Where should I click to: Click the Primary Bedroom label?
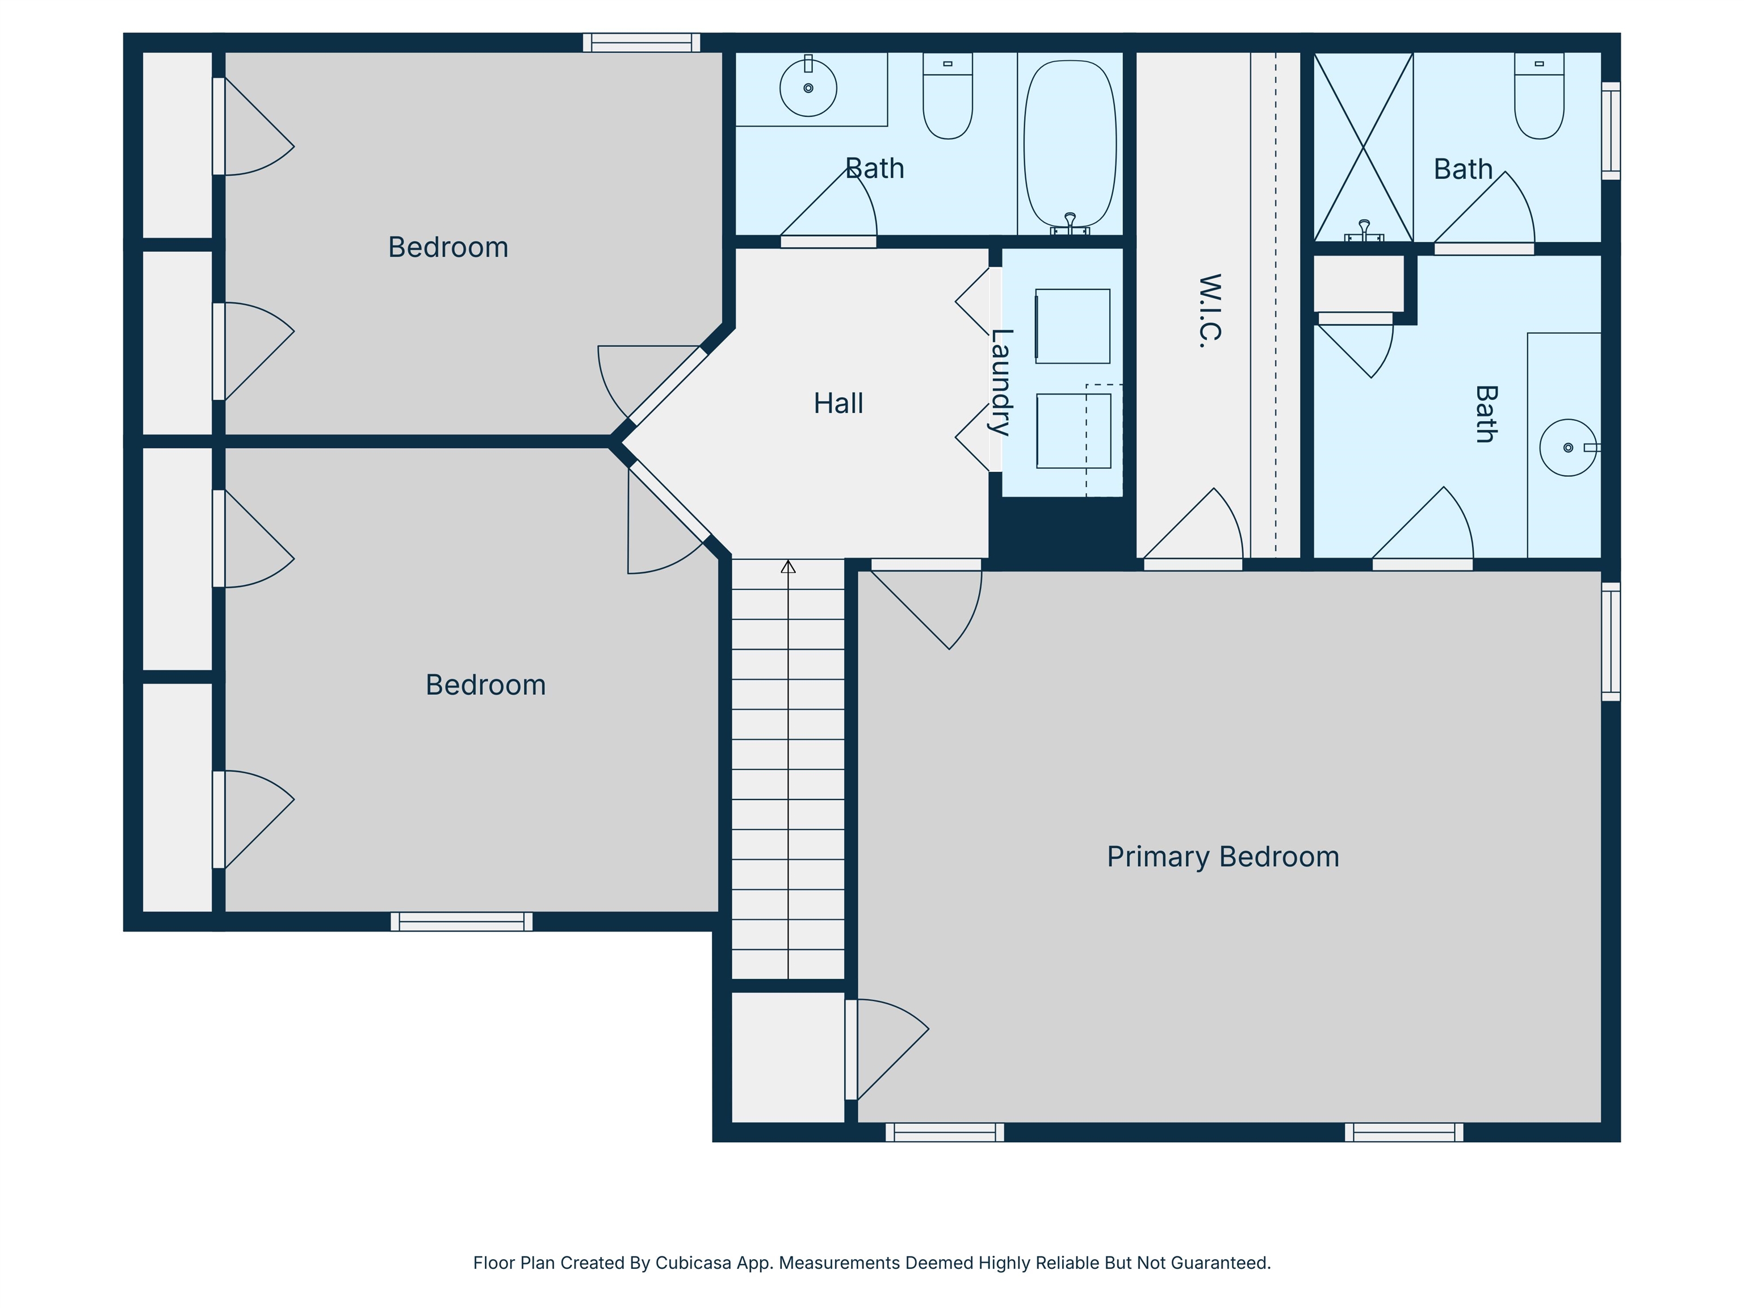(x=1223, y=857)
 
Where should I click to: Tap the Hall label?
(x=838, y=404)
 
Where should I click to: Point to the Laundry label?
(x=1000, y=383)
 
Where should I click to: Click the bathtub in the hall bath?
(x=1070, y=146)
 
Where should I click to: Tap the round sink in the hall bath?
(x=808, y=89)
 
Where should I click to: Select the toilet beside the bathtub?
(x=948, y=95)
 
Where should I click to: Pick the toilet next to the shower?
(x=1539, y=95)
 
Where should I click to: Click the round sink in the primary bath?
(x=1568, y=448)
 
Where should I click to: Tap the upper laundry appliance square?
(x=1072, y=326)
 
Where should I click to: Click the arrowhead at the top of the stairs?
(x=789, y=566)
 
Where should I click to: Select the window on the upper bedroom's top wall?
(x=642, y=43)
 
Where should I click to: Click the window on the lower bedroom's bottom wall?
(x=461, y=921)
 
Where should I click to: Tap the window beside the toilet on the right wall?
(x=1611, y=131)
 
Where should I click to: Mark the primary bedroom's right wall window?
(x=1611, y=642)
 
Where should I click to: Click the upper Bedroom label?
(x=448, y=248)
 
